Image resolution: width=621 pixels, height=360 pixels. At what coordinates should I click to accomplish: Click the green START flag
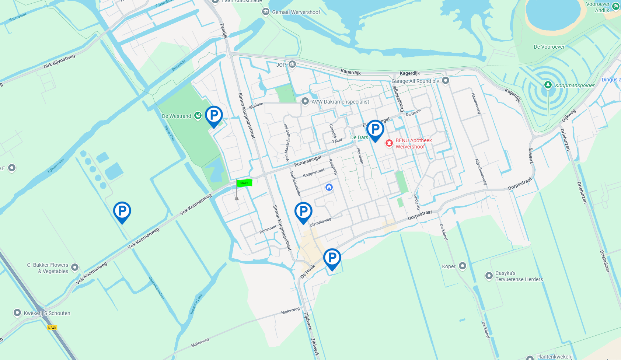[x=244, y=183]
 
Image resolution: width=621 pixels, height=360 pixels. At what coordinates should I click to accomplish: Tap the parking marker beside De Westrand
[x=214, y=115]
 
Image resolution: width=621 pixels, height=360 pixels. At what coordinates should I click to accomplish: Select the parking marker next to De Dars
[x=375, y=129]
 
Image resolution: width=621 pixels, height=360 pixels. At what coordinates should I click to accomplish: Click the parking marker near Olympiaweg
[x=303, y=212]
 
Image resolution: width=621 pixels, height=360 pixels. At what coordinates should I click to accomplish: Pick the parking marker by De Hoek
[x=332, y=258]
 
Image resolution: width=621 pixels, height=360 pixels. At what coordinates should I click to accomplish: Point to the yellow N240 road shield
[x=52, y=328]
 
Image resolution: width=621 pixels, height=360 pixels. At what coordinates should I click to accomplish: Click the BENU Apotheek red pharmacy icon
[x=389, y=143]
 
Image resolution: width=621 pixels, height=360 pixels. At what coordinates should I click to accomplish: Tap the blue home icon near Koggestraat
[x=329, y=187]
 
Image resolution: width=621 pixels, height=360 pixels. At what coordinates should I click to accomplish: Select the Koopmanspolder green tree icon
[x=548, y=85]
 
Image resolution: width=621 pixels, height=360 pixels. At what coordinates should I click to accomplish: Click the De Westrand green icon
[x=198, y=116]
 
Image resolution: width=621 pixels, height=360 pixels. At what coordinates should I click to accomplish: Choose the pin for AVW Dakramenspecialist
[x=305, y=101]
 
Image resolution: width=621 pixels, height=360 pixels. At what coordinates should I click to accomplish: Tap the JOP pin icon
[x=292, y=64]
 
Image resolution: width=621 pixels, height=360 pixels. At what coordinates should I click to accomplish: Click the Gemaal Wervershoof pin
[x=266, y=12]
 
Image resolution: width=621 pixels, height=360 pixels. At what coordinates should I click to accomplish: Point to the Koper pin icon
[x=463, y=266]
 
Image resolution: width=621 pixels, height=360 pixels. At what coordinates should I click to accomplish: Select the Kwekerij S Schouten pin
[x=17, y=312]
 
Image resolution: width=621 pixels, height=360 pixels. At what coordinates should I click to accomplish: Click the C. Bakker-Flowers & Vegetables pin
[x=75, y=267]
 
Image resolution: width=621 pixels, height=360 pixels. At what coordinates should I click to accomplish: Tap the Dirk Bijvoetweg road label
[x=59, y=61]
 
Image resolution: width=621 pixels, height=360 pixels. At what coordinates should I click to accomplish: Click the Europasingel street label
[x=308, y=161]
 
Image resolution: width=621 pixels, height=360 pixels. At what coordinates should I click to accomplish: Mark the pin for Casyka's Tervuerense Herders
[x=489, y=276]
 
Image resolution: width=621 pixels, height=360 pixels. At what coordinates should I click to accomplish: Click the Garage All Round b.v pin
[x=446, y=80]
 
